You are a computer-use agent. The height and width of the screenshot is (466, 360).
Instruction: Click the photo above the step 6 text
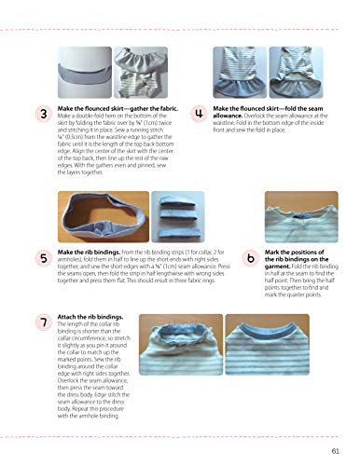click(270, 209)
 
